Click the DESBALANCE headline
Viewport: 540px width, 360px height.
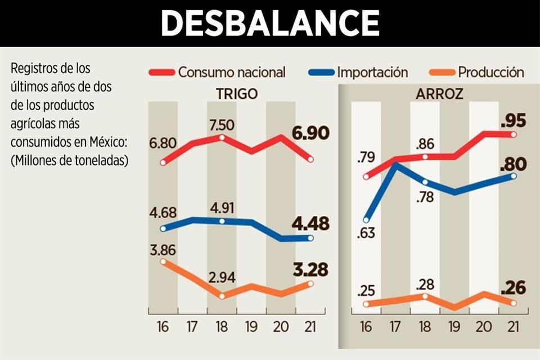pyautogui.click(x=270, y=23)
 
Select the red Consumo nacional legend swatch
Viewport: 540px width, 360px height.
pyautogui.click(x=161, y=73)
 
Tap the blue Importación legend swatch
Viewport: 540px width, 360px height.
pyautogui.click(x=321, y=73)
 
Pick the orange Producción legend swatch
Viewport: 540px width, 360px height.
pyautogui.click(x=442, y=73)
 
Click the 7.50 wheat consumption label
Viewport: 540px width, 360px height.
pyautogui.click(x=223, y=124)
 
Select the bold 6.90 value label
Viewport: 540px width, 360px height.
pyautogui.click(x=311, y=134)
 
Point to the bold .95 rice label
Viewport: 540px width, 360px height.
pyautogui.click(x=514, y=121)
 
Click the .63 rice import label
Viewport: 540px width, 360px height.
pyautogui.click(x=367, y=233)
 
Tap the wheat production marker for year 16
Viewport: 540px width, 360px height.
pyautogui.click(x=163, y=261)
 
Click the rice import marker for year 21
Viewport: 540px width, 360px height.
pyautogui.click(x=514, y=176)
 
